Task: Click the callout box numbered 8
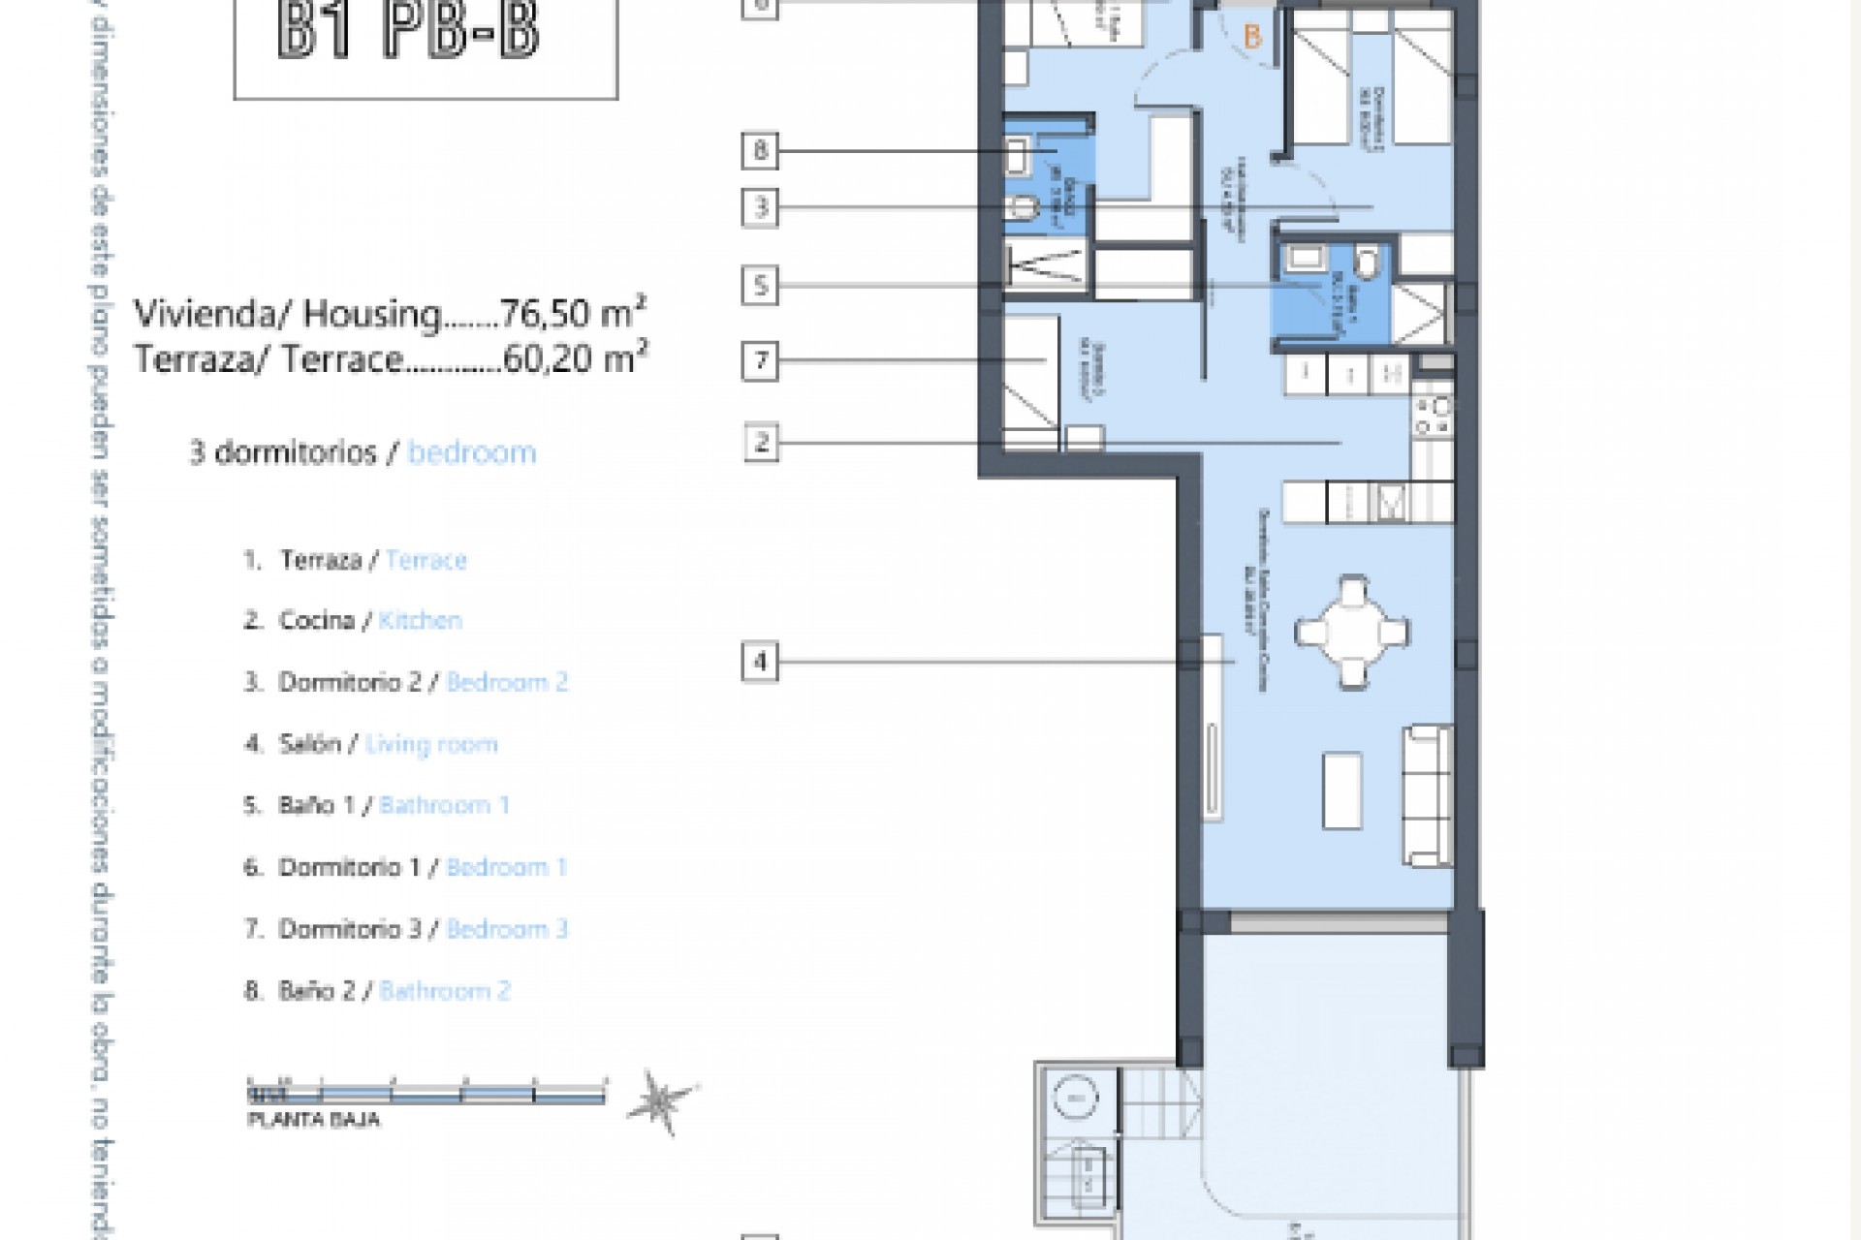click(760, 150)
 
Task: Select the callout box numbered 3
click(760, 207)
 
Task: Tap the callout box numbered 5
click(760, 286)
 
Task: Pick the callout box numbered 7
click(760, 361)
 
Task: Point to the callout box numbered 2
click(761, 443)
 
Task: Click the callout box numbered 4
click(760, 663)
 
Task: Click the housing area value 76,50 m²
click(573, 314)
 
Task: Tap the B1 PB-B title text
click(407, 31)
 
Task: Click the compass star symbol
click(663, 1102)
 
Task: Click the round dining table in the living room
click(1352, 633)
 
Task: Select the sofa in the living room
click(1429, 795)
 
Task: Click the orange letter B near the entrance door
click(1252, 38)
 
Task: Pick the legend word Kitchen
click(420, 621)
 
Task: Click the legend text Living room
click(431, 744)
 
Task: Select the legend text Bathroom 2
click(445, 991)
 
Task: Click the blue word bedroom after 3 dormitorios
click(472, 452)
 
